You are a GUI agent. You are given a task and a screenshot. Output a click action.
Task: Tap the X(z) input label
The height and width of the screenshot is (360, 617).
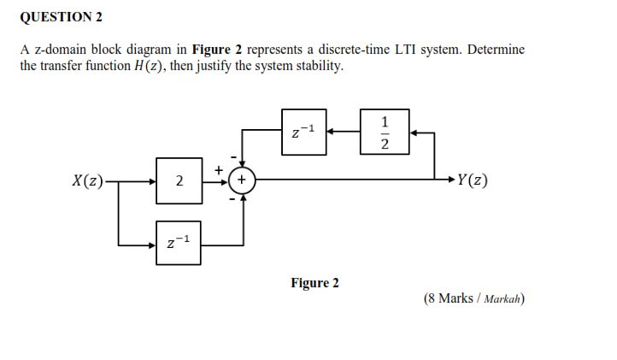coord(88,180)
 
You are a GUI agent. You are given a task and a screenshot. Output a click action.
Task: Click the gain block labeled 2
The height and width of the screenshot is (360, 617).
coord(179,180)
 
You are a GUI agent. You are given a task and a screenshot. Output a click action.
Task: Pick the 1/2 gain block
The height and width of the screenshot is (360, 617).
coord(385,132)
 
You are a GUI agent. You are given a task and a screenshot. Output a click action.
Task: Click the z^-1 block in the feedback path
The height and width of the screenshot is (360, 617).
coord(303,132)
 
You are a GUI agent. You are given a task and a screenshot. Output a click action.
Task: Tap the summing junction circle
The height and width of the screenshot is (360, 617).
coord(243,180)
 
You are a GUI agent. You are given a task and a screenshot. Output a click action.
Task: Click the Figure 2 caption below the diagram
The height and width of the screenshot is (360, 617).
coord(314,283)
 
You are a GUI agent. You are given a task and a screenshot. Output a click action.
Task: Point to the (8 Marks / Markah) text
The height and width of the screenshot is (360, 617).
coord(473,298)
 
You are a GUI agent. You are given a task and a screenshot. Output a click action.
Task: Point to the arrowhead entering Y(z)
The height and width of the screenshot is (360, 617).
coord(450,180)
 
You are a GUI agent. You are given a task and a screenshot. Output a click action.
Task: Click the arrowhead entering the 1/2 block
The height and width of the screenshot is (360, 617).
coord(414,132)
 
